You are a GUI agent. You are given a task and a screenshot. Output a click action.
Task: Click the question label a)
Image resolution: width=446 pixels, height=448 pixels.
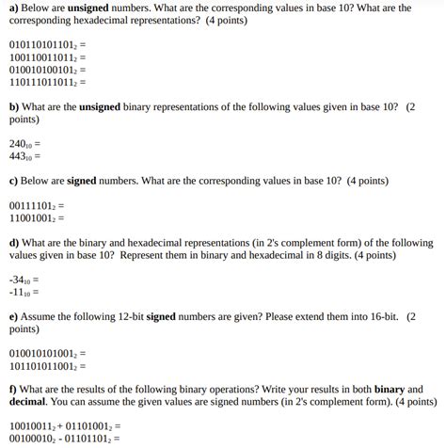pos(13,7)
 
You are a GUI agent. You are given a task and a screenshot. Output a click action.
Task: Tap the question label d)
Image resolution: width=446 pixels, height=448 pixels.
pos(14,242)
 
